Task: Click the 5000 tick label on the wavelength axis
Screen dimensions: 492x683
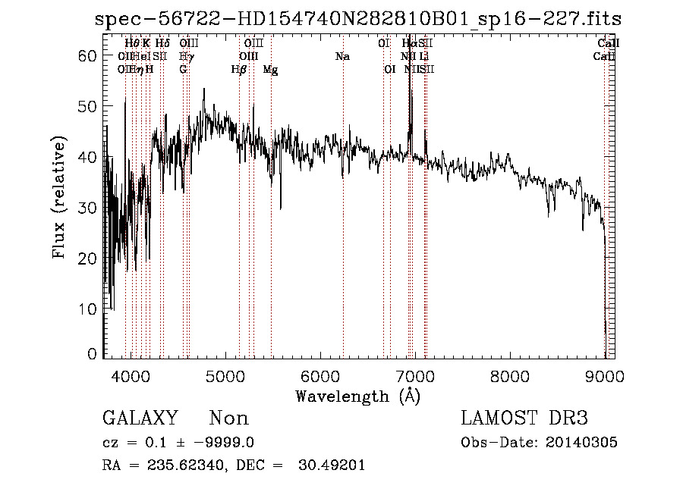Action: pyautogui.click(x=225, y=376)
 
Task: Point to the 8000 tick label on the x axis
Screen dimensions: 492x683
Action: pyautogui.click(x=510, y=376)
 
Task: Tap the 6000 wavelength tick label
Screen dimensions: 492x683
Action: pyautogui.click(x=320, y=376)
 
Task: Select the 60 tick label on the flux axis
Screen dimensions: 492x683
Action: pyautogui.click(x=90, y=56)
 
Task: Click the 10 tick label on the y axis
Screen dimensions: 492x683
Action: pyautogui.click(x=90, y=309)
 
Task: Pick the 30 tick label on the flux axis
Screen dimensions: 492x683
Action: pyautogui.click(x=90, y=208)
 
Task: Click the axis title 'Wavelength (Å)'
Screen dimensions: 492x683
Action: pyautogui.click(x=357, y=396)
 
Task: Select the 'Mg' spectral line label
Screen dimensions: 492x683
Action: pyautogui.click(x=270, y=70)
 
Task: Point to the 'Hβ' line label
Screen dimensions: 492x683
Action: pyautogui.click(x=239, y=70)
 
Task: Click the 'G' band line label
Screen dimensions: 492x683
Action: pyautogui.click(x=183, y=70)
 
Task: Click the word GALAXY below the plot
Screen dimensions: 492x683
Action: pyautogui.click(x=140, y=418)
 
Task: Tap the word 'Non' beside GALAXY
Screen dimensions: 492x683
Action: pyautogui.click(x=229, y=418)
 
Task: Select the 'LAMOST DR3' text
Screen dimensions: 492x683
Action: pyautogui.click(x=524, y=418)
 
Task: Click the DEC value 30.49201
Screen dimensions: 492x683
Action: pyautogui.click(x=333, y=465)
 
